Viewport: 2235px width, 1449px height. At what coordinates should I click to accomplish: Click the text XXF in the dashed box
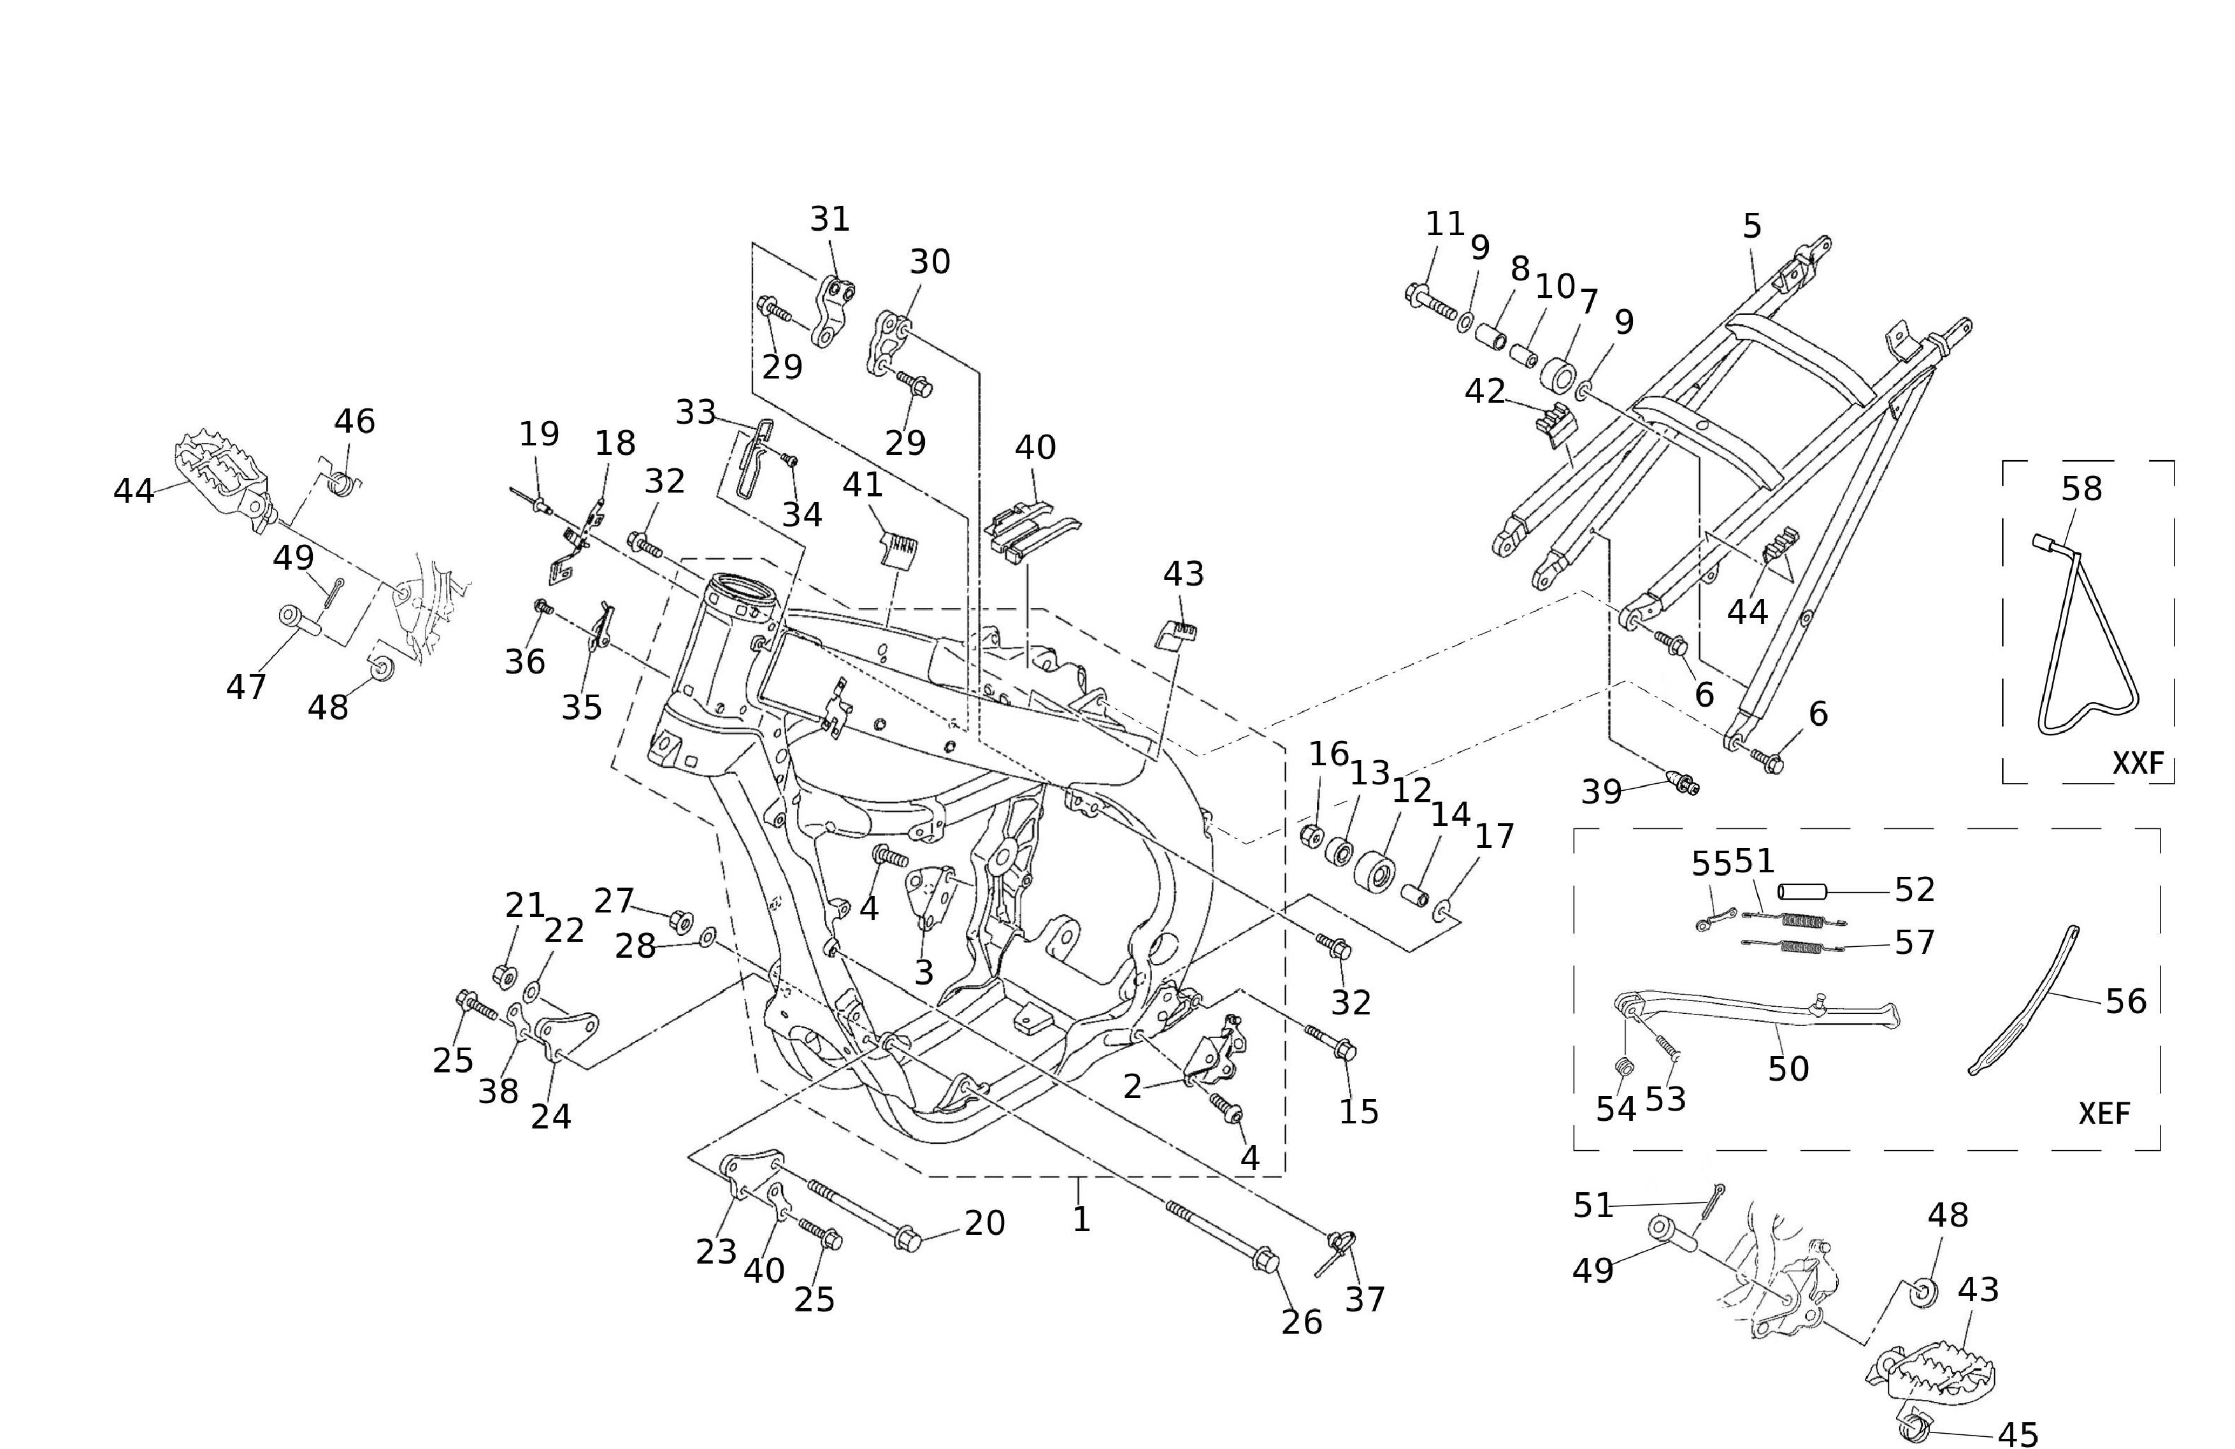[2138, 763]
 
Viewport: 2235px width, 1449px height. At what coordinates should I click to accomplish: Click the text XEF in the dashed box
[2104, 1113]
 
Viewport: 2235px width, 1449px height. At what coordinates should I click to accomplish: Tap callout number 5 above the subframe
[1751, 226]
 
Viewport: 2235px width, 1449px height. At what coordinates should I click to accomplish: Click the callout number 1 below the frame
[1081, 1219]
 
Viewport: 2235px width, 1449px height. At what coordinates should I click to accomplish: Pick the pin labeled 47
[299, 620]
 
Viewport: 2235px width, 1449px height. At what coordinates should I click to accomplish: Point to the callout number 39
[1601, 791]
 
